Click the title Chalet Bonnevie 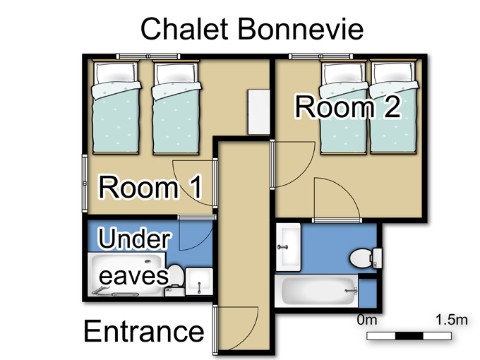[252, 28]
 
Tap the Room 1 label [150, 187]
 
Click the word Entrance [144, 331]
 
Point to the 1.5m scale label [452, 320]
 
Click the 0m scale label [367, 320]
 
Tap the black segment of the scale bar [409, 336]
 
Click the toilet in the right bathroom [366, 258]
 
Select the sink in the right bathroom [288, 247]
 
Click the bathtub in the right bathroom [316, 291]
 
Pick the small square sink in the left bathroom [199, 282]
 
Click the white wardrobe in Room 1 [258, 112]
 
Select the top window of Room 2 [320, 56]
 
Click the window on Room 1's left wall [85, 183]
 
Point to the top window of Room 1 [148, 56]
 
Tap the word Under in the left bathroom [134, 238]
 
